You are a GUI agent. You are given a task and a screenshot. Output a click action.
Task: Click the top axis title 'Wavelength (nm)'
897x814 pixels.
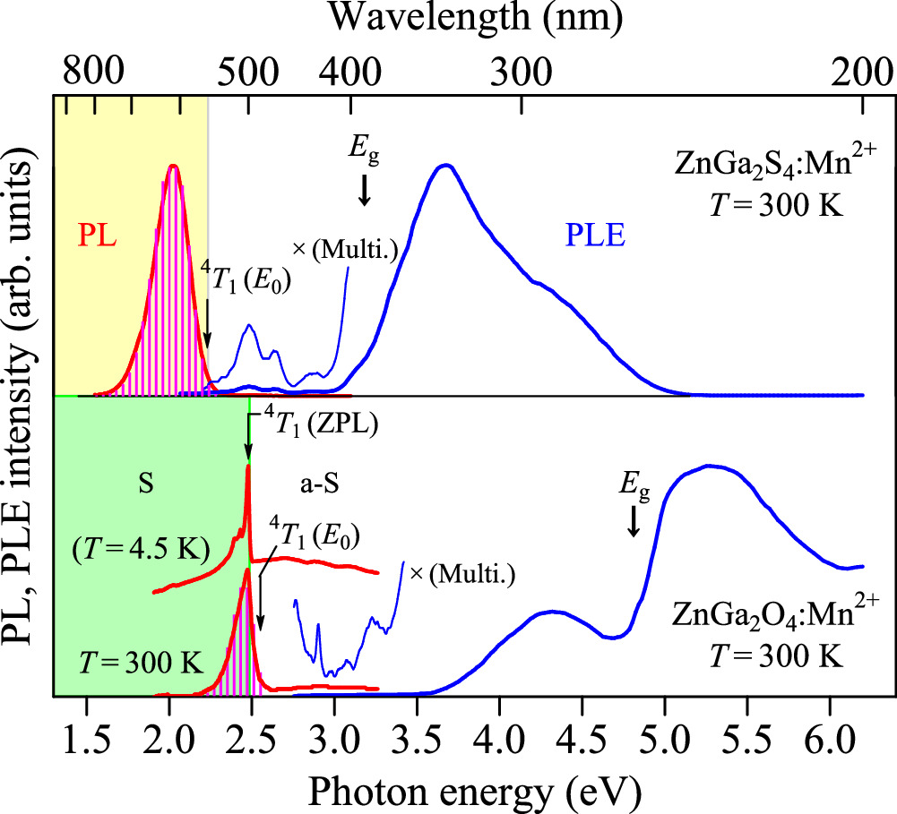(x=474, y=18)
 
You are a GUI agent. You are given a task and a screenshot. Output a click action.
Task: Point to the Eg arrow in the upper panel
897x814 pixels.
(x=364, y=191)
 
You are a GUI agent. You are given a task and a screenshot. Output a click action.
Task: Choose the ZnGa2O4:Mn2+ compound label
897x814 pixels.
(x=766, y=618)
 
